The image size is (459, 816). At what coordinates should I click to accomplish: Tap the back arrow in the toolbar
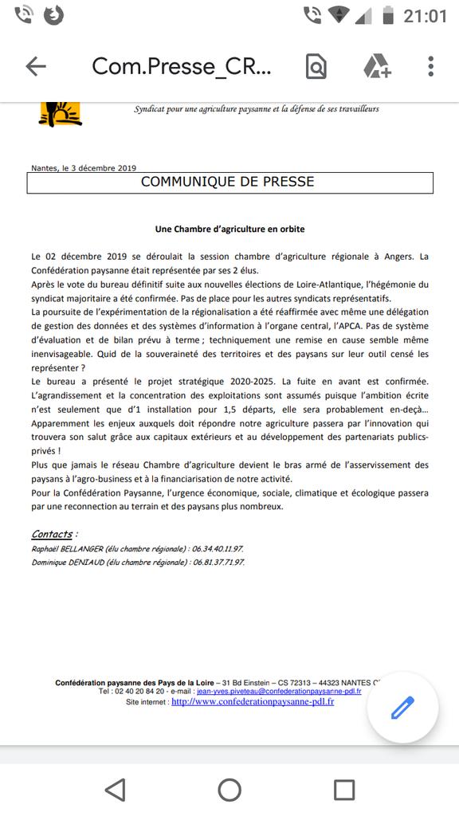pos(36,66)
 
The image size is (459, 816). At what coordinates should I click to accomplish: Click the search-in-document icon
pos(316,66)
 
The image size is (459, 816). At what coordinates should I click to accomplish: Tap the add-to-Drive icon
pos(376,66)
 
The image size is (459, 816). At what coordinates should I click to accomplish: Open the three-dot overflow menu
pos(430,66)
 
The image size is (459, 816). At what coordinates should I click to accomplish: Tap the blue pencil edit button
pos(402,707)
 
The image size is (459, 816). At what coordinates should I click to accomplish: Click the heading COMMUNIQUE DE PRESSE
pos(228,182)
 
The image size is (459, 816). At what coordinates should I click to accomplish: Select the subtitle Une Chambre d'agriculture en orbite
pos(229,229)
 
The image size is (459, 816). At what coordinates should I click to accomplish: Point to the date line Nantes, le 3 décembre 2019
pos(84,168)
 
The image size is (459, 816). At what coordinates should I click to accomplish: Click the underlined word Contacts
pos(53,534)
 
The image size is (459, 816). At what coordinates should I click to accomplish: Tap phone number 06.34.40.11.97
pos(218,549)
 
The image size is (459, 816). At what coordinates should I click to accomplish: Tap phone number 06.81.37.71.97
pos(218,562)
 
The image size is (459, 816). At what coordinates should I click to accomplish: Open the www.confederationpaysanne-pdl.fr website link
pos(253,702)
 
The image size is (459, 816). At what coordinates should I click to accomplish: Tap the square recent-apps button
pos(344,790)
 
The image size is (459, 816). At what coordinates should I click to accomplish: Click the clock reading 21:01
pos(425,15)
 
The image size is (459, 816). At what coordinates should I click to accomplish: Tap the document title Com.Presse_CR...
pos(182,66)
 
